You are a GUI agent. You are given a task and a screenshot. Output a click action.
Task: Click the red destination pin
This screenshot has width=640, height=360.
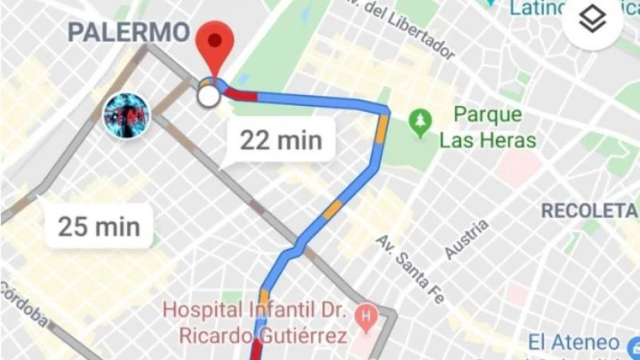(214, 42)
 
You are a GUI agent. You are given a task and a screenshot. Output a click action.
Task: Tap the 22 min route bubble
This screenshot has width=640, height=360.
(280, 140)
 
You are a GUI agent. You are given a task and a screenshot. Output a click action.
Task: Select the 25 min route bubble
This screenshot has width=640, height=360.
(99, 226)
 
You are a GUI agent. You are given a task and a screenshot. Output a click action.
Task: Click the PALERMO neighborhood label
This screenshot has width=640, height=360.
(128, 32)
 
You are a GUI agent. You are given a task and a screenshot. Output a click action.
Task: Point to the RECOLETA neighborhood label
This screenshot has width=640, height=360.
(589, 210)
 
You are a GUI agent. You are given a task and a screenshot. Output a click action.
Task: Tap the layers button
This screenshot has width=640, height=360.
(592, 20)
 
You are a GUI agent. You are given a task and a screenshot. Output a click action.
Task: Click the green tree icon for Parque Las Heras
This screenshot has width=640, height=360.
(420, 121)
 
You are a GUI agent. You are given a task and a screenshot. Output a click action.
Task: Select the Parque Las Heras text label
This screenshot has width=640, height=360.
(487, 127)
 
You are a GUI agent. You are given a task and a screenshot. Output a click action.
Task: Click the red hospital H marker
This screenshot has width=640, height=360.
(366, 316)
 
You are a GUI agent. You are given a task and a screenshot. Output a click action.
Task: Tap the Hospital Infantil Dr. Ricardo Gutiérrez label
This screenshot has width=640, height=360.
(255, 322)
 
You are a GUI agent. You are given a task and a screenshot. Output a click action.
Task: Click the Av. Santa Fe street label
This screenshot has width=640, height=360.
(409, 268)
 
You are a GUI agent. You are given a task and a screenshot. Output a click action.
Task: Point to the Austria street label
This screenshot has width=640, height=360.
(466, 239)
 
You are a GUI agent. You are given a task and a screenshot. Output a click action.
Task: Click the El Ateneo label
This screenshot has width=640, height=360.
(574, 343)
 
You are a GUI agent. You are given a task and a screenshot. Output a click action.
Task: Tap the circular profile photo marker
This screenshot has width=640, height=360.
(126, 116)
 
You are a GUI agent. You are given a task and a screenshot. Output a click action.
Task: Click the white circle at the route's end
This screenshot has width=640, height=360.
(208, 96)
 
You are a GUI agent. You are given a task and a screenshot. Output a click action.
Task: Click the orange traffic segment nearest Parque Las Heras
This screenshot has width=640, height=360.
(382, 129)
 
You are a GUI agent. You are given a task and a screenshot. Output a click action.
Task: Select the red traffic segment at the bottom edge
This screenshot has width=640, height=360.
(257, 350)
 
